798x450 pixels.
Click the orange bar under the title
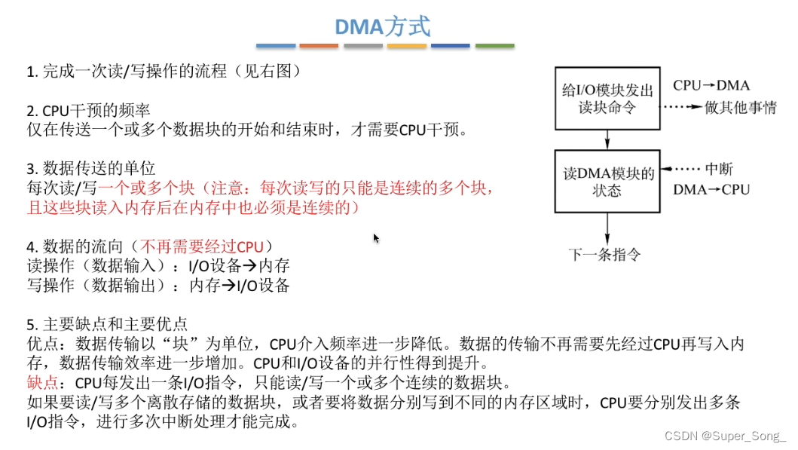coord(319,46)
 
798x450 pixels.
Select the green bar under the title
coord(494,46)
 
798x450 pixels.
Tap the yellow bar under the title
coord(407,46)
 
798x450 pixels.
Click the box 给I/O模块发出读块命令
coord(607,97)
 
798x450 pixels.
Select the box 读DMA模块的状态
coord(607,182)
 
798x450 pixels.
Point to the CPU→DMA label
coord(711,87)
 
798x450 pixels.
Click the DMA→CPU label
coord(711,189)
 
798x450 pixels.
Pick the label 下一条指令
coord(604,255)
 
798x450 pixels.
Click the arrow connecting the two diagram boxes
coord(607,139)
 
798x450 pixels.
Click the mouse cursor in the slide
coord(376,238)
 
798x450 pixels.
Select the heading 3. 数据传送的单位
coord(90,168)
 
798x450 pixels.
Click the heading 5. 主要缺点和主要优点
coord(106,325)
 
